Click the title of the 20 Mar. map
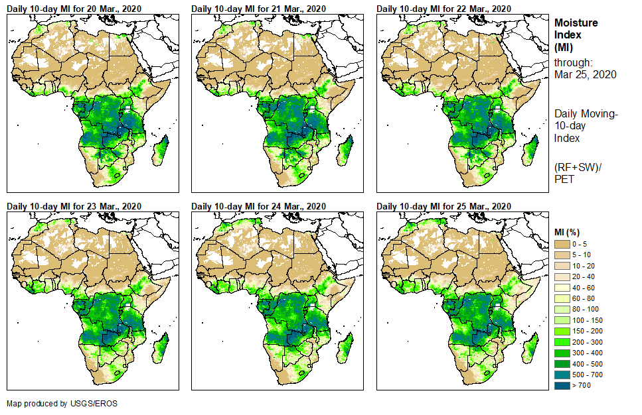point(74,9)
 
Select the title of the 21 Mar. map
point(259,9)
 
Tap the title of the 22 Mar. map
point(444,9)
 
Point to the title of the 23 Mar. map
point(74,206)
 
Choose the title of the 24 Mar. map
point(259,206)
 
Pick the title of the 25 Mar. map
point(444,206)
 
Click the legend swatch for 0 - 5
point(563,245)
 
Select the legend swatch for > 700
point(563,385)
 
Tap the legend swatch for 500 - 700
point(563,375)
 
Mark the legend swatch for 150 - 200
point(563,331)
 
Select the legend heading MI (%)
point(569,231)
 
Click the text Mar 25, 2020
point(586,74)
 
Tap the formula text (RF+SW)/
point(578,166)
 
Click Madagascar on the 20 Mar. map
point(160,150)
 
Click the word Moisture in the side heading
point(576,23)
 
